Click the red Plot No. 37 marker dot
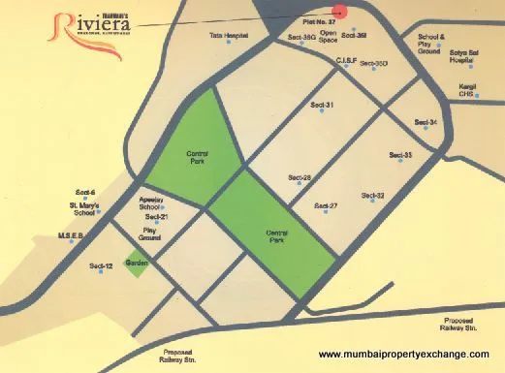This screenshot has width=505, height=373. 338,8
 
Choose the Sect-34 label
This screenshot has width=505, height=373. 426,122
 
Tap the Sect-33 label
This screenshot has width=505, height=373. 401,155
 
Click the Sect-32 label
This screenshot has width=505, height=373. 373,196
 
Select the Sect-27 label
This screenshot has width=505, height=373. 326,206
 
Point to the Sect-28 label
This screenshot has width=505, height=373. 300,177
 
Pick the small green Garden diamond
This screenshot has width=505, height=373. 136,263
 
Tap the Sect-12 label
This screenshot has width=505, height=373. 102,265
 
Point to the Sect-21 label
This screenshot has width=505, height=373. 157,217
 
